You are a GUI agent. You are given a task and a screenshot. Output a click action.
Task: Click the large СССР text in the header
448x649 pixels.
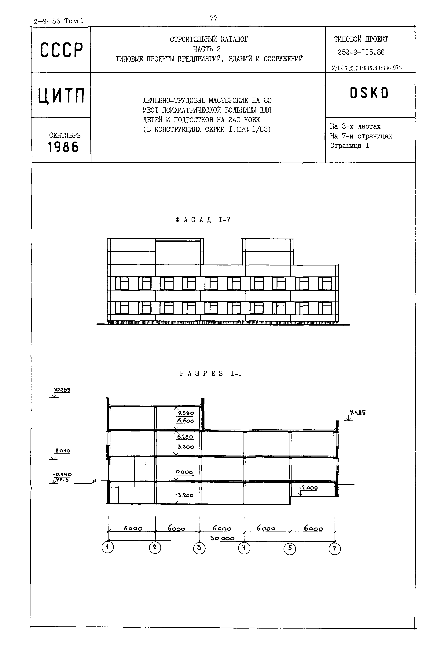point(61,50)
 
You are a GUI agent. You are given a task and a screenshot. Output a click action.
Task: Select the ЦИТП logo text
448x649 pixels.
point(61,96)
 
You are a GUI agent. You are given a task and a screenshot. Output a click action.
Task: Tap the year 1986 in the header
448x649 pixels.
point(63,147)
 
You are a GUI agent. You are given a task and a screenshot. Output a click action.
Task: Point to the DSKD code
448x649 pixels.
point(369,93)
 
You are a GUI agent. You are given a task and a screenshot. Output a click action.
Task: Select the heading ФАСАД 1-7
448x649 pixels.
point(203,220)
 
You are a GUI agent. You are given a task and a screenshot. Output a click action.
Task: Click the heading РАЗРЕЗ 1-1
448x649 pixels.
point(211,374)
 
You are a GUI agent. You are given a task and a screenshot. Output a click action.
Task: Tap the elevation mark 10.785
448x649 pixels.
point(61,390)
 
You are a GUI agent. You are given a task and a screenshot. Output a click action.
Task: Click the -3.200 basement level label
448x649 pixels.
point(184,496)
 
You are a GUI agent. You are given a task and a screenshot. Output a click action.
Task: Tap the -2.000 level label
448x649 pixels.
point(308,488)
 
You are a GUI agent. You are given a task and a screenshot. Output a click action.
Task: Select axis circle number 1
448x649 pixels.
point(108,547)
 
